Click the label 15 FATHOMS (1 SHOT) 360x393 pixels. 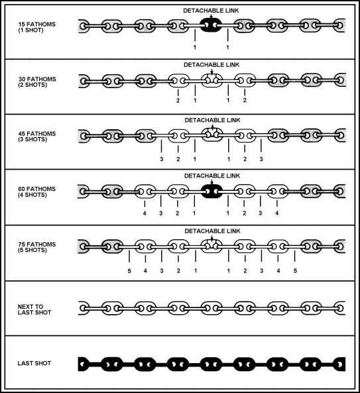click(x=36, y=27)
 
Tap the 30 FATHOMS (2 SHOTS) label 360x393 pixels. click(x=37, y=82)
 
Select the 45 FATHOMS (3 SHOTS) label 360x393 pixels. click(x=37, y=137)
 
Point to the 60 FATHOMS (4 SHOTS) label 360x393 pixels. click(x=36, y=192)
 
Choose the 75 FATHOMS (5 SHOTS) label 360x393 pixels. click(x=36, y=247)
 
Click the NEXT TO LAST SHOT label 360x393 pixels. click(x=34, y=309)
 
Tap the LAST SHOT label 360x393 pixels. click(x=34, y=363)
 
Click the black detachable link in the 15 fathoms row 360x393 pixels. click(x=211, y=25)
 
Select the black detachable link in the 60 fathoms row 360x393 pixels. click(x=212, y=192)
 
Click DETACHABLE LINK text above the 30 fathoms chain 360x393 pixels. click(x=211, y=65)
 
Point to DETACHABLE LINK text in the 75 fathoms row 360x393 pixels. click(x=212, y=231)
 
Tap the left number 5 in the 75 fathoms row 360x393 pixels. click(x=129, y=271)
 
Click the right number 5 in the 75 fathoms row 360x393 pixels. click(x=295, y=271)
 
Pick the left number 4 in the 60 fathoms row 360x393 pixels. click(x=145, y=213)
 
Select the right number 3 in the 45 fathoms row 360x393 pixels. click(x=261, y=159)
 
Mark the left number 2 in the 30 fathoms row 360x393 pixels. click(x=178, y=101)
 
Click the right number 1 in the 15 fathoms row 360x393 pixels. click(x=227, y=47)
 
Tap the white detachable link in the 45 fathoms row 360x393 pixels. click(x=212, y=135)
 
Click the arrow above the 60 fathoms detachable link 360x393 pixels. click(x=212, y=182)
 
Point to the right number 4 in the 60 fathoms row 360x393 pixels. click(x=276, y=213)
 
